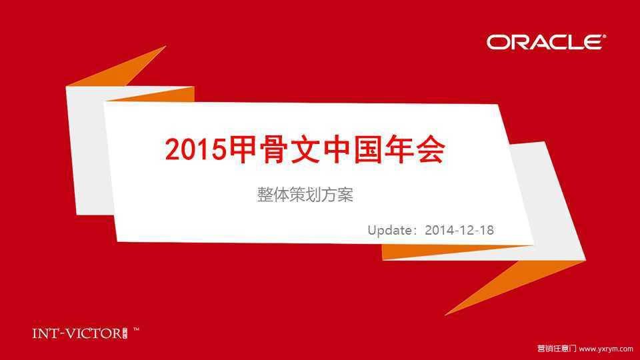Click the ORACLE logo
tap(546, 42)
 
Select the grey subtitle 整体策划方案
tap(305, 195)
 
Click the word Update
tap(390, 230)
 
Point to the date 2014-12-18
tap(459, 230)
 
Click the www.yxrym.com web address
tap(606, 349)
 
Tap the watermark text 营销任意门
tap(556, 349)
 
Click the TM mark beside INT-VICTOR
tap(136, 329)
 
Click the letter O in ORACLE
tap(497, 43)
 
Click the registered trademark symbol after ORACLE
tap(604, 36)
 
